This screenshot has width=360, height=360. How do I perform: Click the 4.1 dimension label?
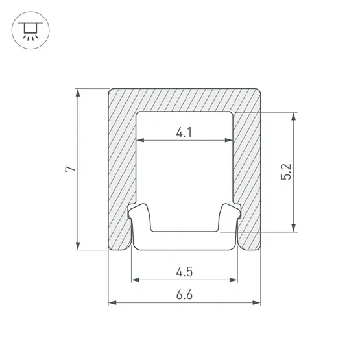(184, 132)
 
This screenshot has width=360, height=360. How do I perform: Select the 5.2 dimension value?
(286, 172)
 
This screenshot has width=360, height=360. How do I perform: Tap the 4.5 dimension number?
(184, 272)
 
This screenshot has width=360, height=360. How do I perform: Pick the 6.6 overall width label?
(184, 294)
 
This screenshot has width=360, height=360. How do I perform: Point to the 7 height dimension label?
(71, 169)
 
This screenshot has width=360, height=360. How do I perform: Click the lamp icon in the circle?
(30, 30)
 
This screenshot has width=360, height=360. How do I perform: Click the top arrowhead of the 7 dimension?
(78, 93)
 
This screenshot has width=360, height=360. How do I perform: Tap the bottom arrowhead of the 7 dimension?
(78, 245)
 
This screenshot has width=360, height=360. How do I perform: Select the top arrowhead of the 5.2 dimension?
(293, 117)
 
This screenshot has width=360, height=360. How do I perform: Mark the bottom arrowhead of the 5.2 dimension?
(293, 228)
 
